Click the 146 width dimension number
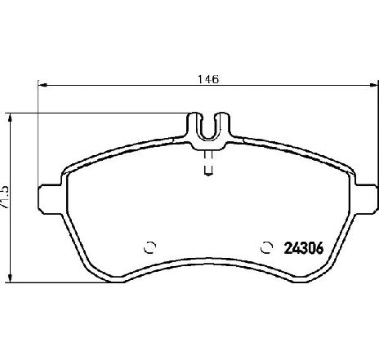pos(208,80)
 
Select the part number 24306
pos(305,247)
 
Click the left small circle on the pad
pos(149,247)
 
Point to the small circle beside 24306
pos(265,247)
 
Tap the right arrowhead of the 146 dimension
pos(372,86)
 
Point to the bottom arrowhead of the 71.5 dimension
pos(11,278)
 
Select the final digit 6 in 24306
pos(323,247)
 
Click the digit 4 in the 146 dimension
pos(208,80)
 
